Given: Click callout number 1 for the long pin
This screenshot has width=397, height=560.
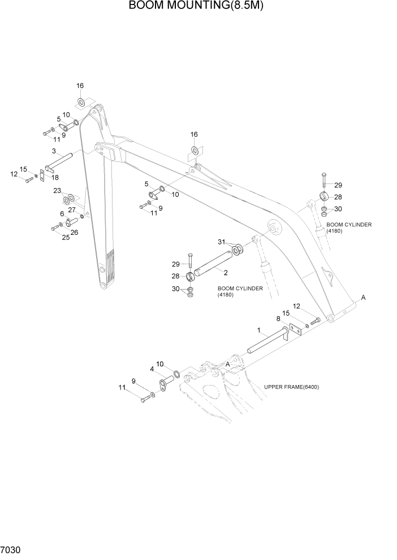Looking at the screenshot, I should coord(259,330).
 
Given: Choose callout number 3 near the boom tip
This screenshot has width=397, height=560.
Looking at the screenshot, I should coord(53,151).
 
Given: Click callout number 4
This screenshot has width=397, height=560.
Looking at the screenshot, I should coord(152,370).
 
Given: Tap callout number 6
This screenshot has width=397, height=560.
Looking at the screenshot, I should coord(62,213).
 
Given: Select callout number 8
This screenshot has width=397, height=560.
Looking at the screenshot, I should coord(278,318).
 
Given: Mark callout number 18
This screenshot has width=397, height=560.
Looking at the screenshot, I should coord(55,177).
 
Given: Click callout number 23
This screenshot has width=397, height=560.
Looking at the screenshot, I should coord(57,191).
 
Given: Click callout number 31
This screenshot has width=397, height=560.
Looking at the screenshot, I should coord(221,242).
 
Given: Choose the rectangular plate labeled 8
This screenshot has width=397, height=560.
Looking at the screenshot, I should coord(295,330).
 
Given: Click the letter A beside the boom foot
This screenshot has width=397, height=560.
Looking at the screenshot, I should coord(363,297).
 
